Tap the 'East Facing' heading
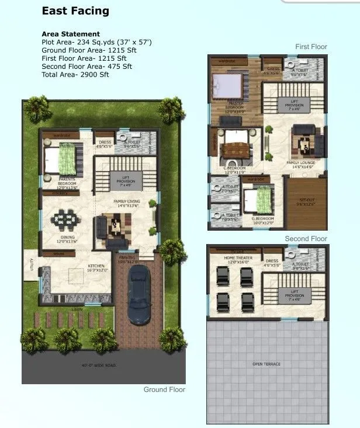(x=75, y=12)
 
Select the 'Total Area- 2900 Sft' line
(x=75, y=75)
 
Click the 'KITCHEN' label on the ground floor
(x=96, y=266)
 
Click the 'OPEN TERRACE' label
(x=266, y=364)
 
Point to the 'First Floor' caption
(x=311, y=47)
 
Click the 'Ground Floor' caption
(x=164, y=389)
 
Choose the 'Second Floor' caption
(x=306, y=239)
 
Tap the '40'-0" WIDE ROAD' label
(x=99, y=366)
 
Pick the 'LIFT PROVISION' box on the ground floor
(x=126, y=181)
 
